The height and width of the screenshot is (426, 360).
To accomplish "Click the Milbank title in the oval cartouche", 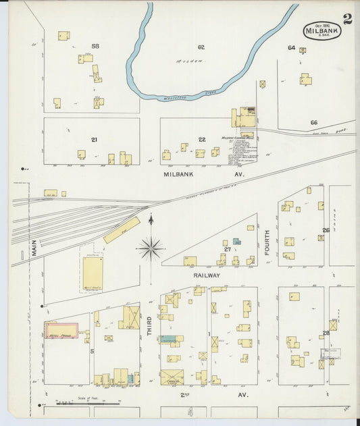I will pos(322,30).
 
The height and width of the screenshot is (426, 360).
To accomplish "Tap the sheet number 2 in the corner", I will pos(347,19).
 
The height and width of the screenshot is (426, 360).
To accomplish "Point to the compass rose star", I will pos(150,248).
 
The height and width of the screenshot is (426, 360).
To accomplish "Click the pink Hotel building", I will pos(61,331).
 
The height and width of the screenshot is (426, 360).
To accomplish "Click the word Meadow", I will pos(190,61).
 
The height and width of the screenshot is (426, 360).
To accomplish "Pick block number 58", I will pos(95,46).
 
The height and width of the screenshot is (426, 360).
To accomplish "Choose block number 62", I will pos(201,47).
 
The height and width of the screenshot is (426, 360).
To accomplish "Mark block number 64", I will pos(291,48).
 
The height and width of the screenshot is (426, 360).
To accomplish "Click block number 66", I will pos(313,122).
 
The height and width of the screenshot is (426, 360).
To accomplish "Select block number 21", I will pos(94,140).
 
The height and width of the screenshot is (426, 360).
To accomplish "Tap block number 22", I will pos(201,140).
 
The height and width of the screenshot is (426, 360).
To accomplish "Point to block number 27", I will pos(228,250).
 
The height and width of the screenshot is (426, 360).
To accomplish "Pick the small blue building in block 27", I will pos(236,241).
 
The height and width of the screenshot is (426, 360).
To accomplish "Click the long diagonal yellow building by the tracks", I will pos(122,230).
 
